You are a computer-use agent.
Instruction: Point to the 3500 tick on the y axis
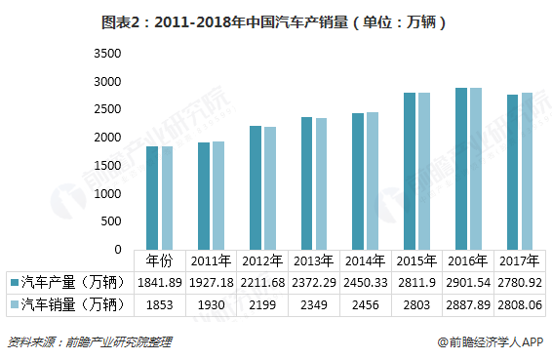[107, 53]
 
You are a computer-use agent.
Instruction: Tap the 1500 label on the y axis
[107, 166]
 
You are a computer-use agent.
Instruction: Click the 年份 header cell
[159, 260]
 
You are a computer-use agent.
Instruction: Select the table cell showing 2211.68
[261, 282]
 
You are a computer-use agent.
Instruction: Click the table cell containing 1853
[159, 304]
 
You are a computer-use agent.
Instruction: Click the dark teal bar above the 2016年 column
[460, 169]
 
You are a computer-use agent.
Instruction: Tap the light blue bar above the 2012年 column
[270, 188]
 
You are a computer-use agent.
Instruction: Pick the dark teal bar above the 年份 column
[153, 198]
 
